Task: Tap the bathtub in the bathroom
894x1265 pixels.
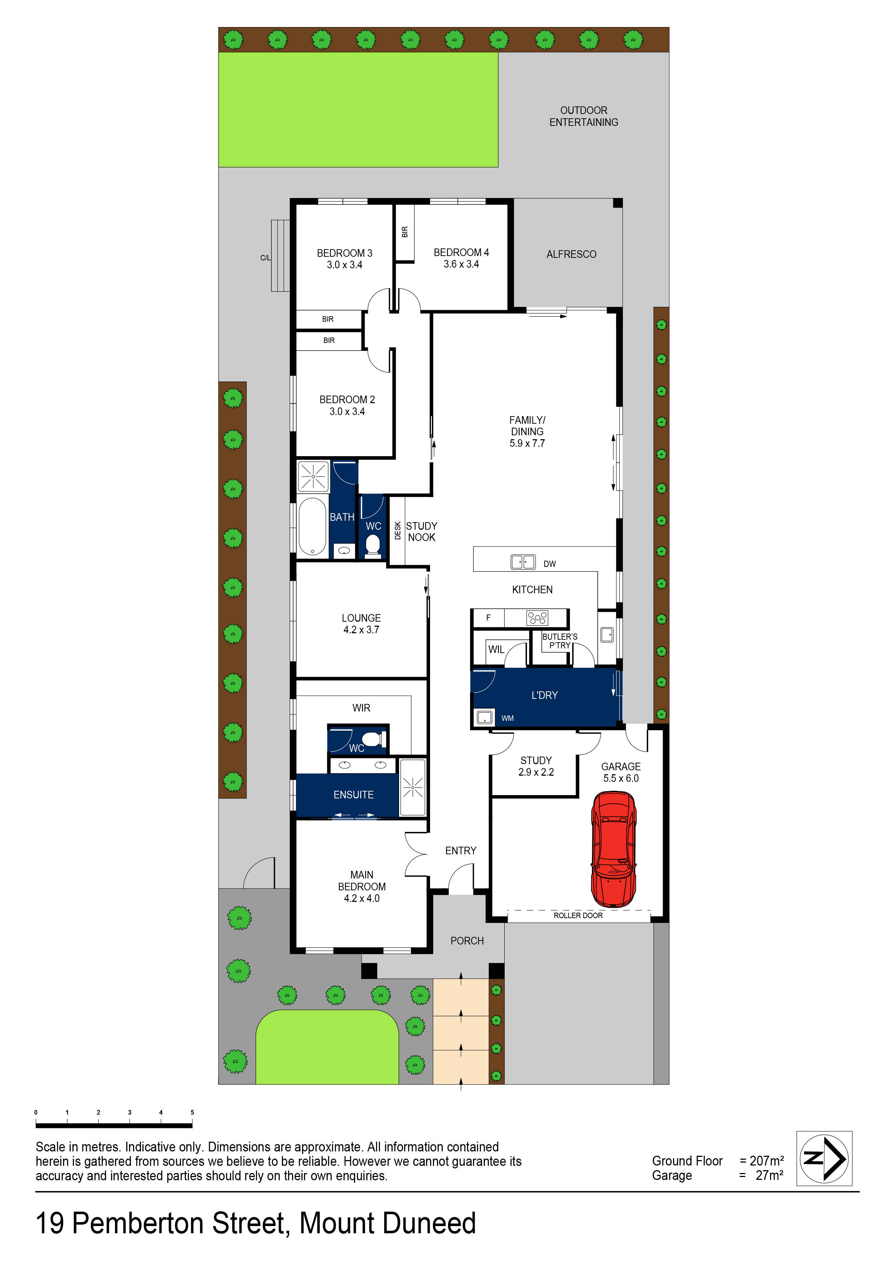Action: (x=312, y=527)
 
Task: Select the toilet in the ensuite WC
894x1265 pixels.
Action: (x=372, y=738)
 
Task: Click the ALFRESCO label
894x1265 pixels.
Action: (x=571, y=254)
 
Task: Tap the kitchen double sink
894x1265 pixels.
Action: (x=523, y=562)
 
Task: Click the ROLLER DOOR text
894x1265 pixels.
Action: (x=578, y=915)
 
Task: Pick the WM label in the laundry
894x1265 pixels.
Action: (x=507, y=718)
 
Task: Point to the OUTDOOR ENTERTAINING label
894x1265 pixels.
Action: (x=583, y=116)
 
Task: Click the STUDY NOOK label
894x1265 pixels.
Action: (x=421, y=532)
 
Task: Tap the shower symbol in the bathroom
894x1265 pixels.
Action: (x=313, y=476)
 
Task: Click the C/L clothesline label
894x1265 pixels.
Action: (x=265, y=258)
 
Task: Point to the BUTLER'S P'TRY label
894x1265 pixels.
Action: (x=559, y=641)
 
